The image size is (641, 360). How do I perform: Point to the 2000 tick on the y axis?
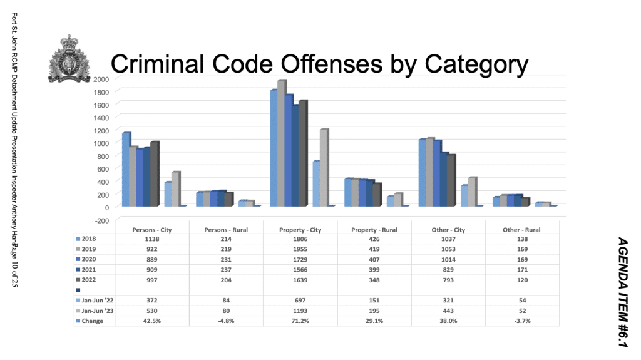coord(101,78)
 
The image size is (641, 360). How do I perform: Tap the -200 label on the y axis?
coord(101,220)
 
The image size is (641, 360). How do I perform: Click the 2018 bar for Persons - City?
coord(126,169)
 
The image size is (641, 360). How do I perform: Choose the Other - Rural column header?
coord(522,230)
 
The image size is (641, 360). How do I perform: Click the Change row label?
coord(91,321)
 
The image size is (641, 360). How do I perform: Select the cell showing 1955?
coord(300,248)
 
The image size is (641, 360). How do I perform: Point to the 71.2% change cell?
coord(300,321)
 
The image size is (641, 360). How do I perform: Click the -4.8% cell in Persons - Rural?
coord(226,321)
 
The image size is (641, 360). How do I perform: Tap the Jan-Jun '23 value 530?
coord(152,311)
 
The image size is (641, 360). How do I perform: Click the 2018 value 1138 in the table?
coord(152,239)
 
